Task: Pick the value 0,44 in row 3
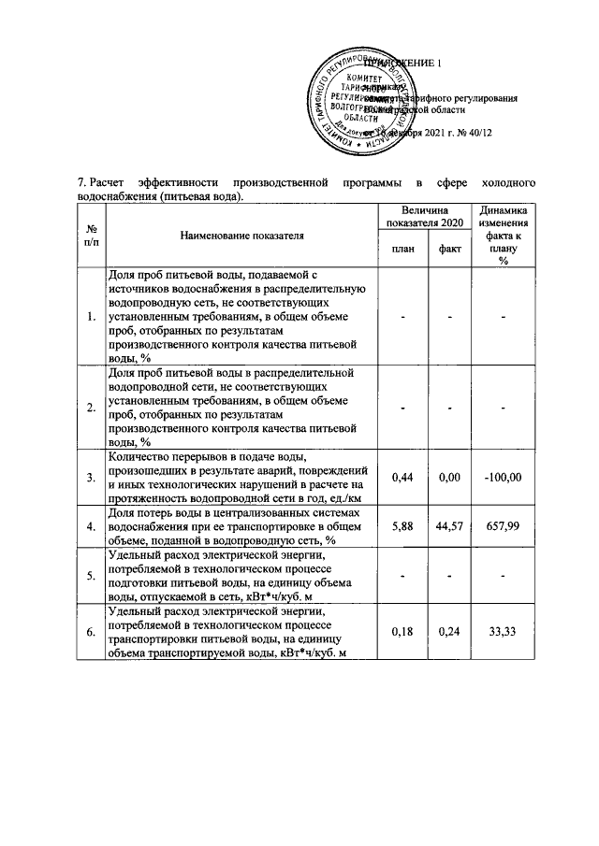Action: (x=402, y=478)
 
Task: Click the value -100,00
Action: (x=503, y=478)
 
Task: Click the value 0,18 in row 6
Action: (x=402, y=633)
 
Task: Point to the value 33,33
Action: (x=503, y=633)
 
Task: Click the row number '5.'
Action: (x=92, y=575)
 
